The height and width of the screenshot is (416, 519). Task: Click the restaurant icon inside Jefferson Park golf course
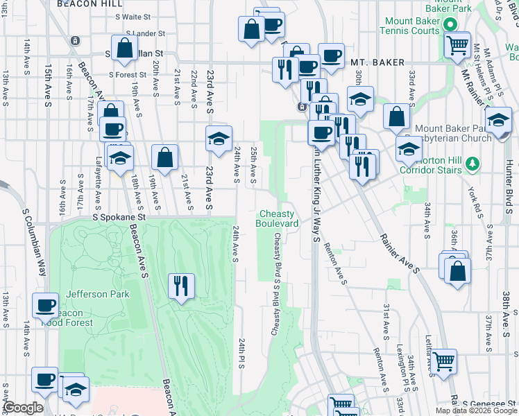pyautogui.click(x=181, y=285)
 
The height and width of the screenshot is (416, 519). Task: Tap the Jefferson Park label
pyautogui.click(x=97, y=294)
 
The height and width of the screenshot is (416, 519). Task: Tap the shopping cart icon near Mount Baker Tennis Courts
pyautogui.click(x=457, y=45)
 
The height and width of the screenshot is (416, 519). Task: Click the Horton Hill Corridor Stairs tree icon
pyautogui.click(x=473, y=163)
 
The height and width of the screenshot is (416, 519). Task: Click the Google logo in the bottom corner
pyautogui.click(x=23, y=408)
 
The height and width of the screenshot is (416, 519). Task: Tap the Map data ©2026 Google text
pyautogui.click(x=476, y=410)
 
